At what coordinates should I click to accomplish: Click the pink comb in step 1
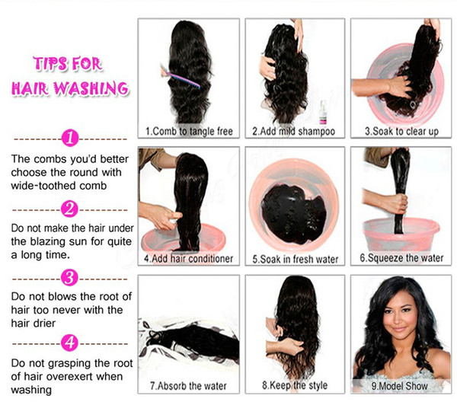click(181, 77)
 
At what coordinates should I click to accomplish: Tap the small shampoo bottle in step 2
click(323, 112)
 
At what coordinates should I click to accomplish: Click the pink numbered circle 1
click(70, 138)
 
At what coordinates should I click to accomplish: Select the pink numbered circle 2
click(69, 209)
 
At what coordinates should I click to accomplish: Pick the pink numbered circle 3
click(69, 278)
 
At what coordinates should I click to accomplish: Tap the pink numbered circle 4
click(69, 343)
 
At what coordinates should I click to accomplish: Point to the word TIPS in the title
click(50, 63)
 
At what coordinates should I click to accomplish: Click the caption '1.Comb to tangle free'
click(189, 132)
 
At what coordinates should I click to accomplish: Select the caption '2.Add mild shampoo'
click(294, 132)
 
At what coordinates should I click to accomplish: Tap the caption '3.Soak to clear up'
click(401, 131)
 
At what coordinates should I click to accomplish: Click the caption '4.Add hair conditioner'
click(189, 258)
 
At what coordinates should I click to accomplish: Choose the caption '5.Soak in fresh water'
click(296, 259)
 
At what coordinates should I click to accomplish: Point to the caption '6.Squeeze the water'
click(401, 258)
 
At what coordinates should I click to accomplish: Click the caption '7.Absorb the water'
click(188, 386)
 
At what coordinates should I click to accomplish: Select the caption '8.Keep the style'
click(295, 385)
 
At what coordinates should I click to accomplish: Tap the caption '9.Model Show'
click(400, 386)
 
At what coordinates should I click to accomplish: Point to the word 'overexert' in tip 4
click(69, 376)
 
